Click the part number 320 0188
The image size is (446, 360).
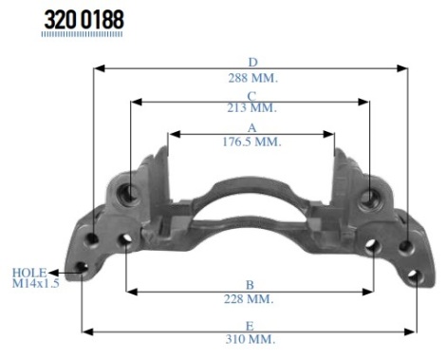84,20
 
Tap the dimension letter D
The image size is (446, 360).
252,63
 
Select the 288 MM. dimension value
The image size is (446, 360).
253,78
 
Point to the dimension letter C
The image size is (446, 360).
251,96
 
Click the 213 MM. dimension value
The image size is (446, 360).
251,108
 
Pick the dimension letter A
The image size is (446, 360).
251,128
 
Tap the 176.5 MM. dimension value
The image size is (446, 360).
251,142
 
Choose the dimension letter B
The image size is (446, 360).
250,285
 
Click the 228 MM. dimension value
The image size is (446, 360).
249,299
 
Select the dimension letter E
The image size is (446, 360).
250,326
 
